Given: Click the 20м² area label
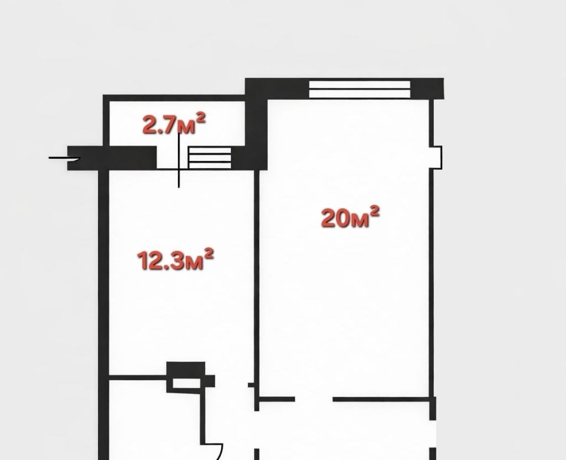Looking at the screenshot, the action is coord(350,218).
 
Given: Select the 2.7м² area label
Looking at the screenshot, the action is coord(175,123).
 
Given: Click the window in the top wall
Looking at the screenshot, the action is coord(360,89).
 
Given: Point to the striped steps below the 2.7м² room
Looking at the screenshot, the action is coord(210,158).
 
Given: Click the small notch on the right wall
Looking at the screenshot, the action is coord(437,157).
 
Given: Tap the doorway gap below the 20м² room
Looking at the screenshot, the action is coord(314,399).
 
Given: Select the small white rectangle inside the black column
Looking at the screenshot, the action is coord(186,383).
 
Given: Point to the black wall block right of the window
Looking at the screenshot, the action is coord(427,88).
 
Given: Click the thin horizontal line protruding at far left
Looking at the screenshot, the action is coord(64,158).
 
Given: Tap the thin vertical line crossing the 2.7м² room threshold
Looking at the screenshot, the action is coord(179,160).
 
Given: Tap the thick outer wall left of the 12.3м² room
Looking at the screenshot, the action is coord(104,314).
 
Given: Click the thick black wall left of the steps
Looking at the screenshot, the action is coord(112,158).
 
